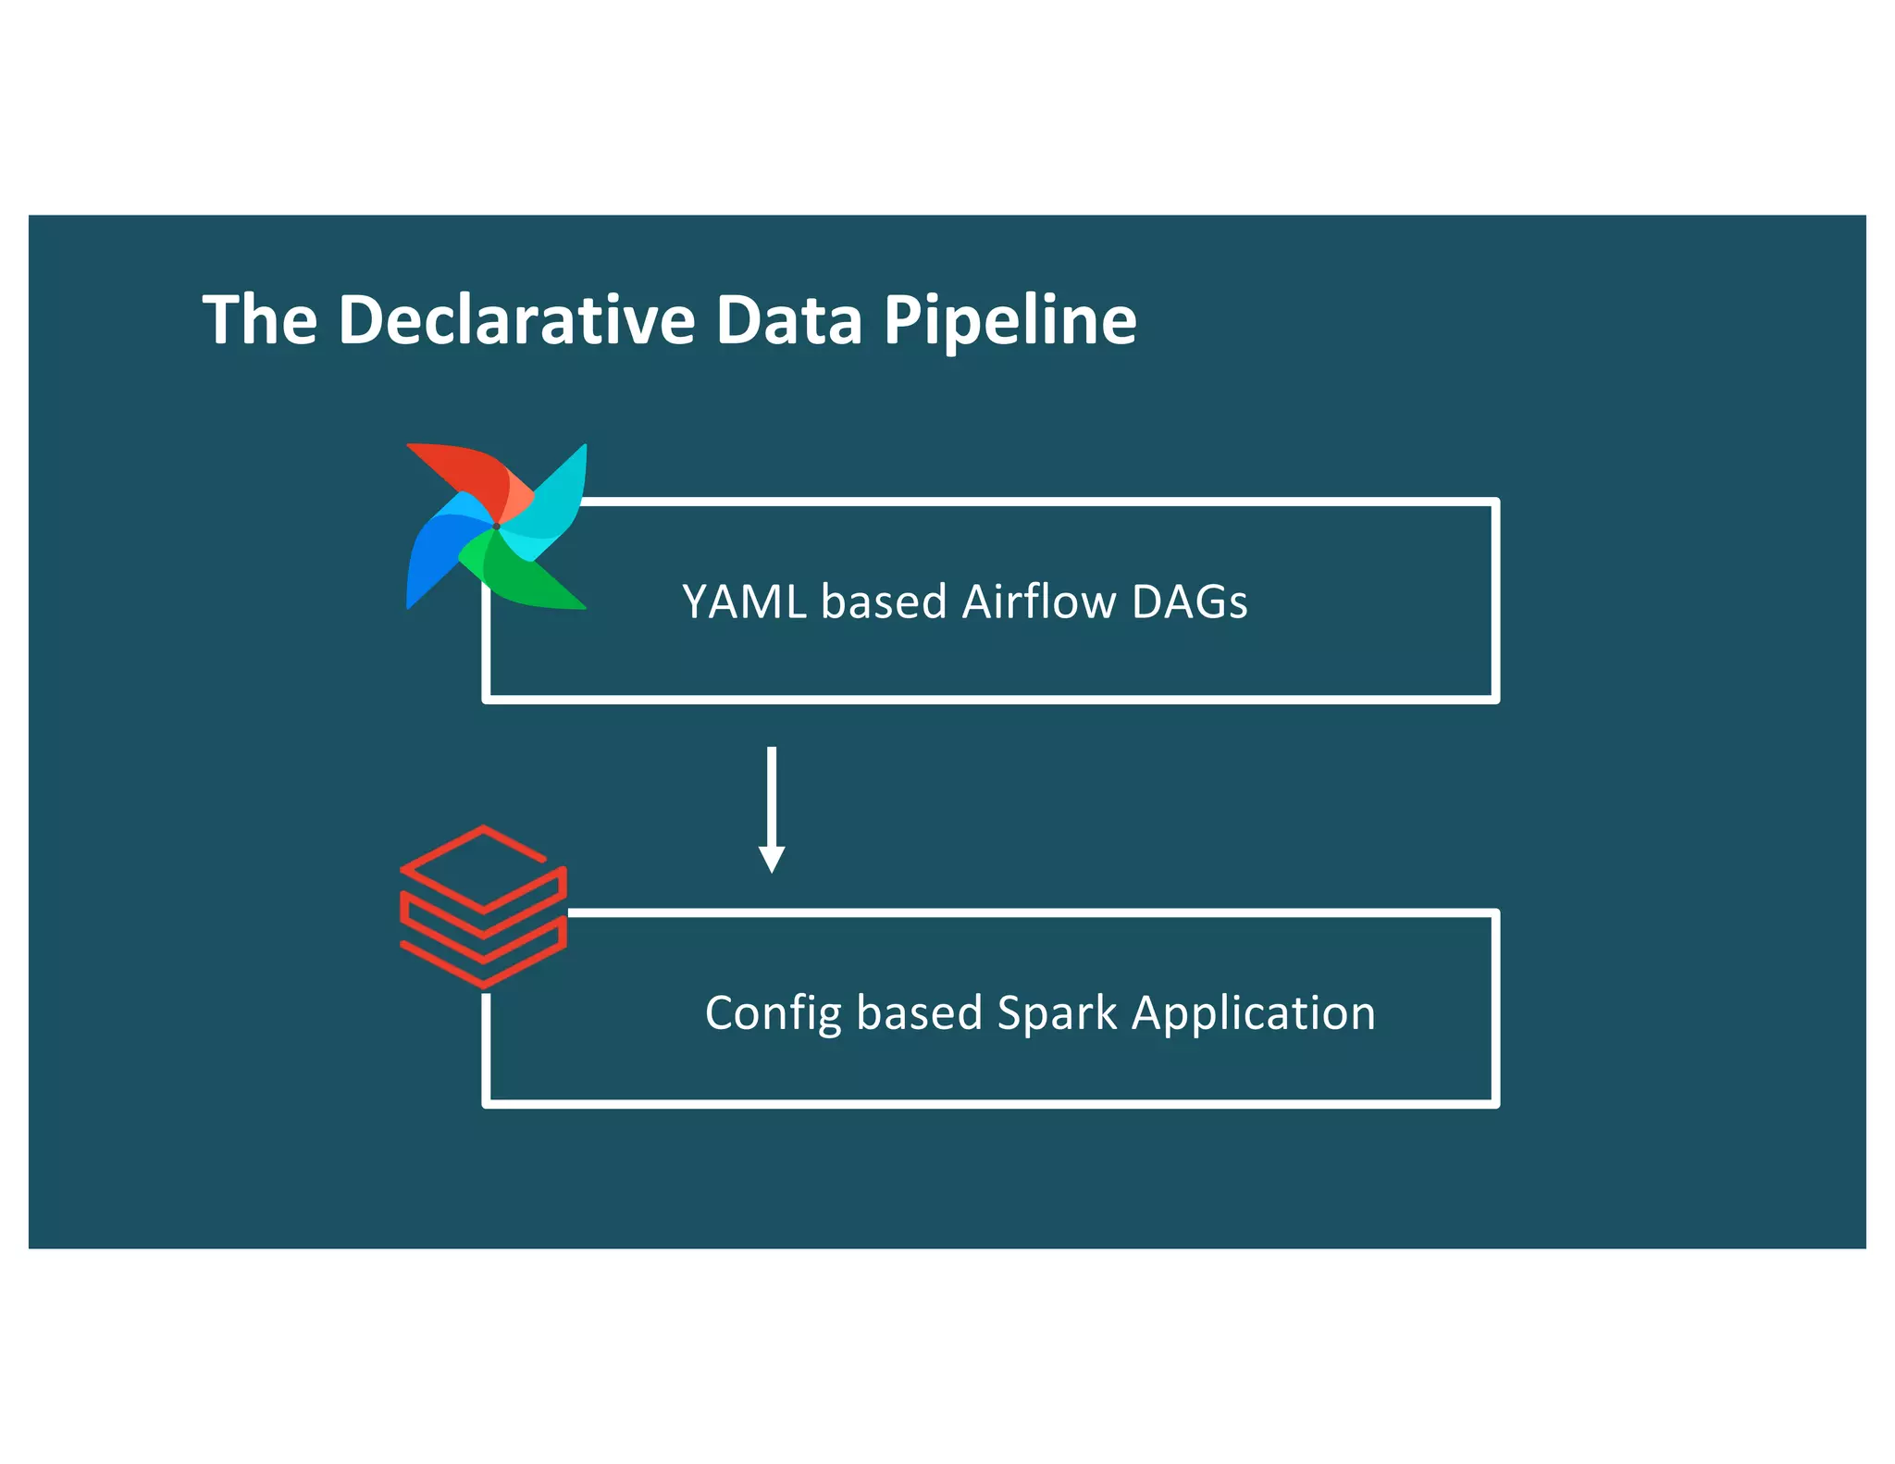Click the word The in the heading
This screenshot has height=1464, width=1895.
[x=260, y=320]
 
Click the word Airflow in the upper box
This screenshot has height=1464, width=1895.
[x=1039, y=602]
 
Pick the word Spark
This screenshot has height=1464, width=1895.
[x=1057, y=1013]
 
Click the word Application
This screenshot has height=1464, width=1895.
[x=1254, y=1013]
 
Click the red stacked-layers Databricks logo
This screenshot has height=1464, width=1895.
[x=483, y=907]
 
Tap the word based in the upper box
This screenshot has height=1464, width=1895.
[x=884, y=602]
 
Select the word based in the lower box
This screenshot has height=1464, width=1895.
[x=919, y=1013]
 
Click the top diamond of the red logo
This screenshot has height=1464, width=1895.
[x=482, y=866]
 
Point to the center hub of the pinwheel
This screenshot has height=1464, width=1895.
[x=497, y=527]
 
